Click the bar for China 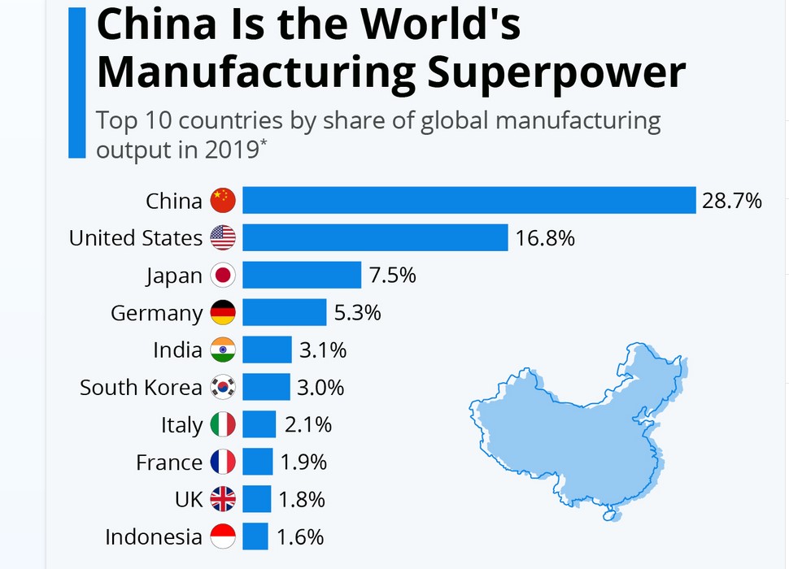point(469,200)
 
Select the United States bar point(375,237)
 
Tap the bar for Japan point(301,276)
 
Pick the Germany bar point(284,313)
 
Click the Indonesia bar point(255,536)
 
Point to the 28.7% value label point(732,200)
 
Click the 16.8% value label point(545,238)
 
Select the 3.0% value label point(320,388)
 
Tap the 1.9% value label point(303,463)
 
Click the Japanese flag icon point(223,276)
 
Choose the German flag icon point(223,313)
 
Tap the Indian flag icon point(223,350)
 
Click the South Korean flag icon point(223,388)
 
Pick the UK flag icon point(223,499)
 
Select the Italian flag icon point(223,425)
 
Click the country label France point(169,463)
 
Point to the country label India point(177,350)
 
